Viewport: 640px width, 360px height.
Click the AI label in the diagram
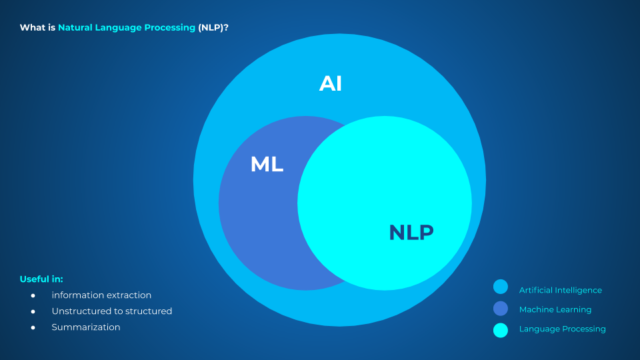(331, 83)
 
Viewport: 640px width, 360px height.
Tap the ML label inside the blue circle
(267, 164)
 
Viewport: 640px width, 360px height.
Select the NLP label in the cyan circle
(411, 232)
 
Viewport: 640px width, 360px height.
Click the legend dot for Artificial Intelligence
(501, 287)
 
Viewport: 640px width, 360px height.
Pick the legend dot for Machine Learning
(501, 308)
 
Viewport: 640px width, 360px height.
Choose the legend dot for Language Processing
(501, 329)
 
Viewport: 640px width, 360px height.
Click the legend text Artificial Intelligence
(560, 290)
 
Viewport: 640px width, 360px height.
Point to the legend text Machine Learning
(555, 309)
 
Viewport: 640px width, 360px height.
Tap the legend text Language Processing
(562, 329)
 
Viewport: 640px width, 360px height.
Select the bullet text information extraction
(101, 295)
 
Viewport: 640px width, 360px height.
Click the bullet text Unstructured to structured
(112, 311)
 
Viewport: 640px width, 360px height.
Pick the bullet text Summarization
(86, 327)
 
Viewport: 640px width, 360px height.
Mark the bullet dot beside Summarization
(33, 327)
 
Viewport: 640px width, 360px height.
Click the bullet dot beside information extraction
(33, 295)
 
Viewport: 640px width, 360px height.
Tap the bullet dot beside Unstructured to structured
(33, 311)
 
